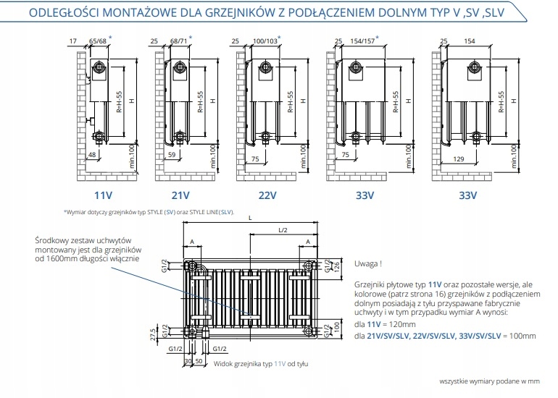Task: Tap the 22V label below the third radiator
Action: click(268, 195)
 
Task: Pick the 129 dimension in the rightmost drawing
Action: click(459, 158)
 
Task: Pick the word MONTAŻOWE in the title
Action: click(160, 12)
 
